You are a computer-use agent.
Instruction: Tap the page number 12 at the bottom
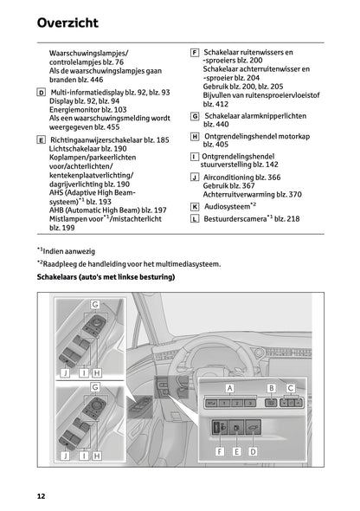[x=41, y=495]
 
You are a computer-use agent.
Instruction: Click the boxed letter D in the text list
[x=42, y=91]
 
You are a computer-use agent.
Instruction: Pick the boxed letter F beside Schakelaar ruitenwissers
[x=195, y=53]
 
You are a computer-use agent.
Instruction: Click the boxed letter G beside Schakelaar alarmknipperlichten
[x=195, y=115]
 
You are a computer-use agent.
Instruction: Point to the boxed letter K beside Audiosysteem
[x=195, y=207]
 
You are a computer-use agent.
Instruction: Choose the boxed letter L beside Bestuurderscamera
[x=195, y=220]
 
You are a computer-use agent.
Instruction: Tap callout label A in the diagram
[x=230, y=388]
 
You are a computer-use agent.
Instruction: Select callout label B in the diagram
[x=271, y=388]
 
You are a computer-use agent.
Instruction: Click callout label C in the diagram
[x=290, y=388]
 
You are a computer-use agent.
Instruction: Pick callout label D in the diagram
[x=252, y=451]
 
